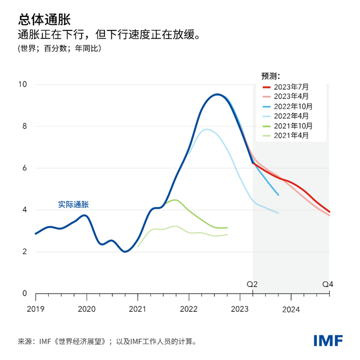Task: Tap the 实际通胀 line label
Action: click(74, 205)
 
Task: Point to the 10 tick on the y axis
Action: click(23, 84)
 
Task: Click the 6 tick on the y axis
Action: click(25, 168)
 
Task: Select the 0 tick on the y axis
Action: click(25, 294)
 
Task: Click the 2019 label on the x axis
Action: click(35, 310)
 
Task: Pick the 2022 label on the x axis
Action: click(189, 310)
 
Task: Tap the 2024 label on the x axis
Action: click(291, 310)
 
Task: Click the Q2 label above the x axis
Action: click(252, 284)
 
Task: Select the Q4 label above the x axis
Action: click(328, 284)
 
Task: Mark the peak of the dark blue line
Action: click(218, 94)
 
